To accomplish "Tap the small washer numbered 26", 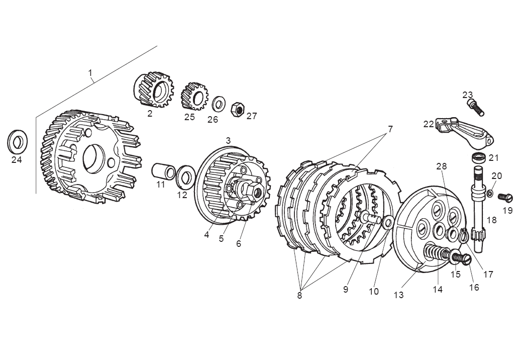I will pos(219,104).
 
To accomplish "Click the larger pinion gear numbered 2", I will pos(152,91).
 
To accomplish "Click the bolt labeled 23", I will pos(474,106).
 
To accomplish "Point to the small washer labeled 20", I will pos(490,194).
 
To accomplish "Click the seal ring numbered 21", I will pos(480,157).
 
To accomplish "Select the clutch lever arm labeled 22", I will pos(465,129).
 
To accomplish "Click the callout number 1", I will pos(90,73).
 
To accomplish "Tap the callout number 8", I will pos(299,296).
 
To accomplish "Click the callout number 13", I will pos(398,295).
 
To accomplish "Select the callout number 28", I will pos(441,166).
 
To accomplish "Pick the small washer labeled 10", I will pos(388,221).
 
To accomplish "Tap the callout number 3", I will pos(228,141).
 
